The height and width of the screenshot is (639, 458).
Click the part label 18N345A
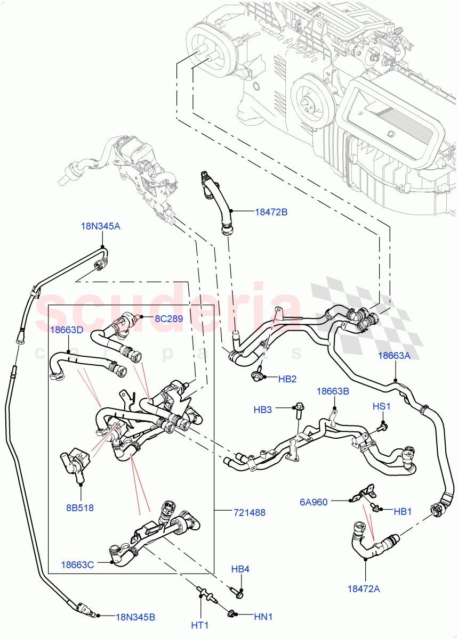[x=100, y=226]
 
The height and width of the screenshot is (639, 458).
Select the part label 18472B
[x=271, y=212]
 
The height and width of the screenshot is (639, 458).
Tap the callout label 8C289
[x=168, y=319]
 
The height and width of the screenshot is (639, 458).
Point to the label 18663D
[x=67, y=330]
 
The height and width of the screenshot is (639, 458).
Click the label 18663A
[x=394, y=356]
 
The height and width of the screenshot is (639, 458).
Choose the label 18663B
[x=333, y=391]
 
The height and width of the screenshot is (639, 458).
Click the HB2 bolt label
[x=287, y=379]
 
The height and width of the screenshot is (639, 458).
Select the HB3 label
[x=263, y=409]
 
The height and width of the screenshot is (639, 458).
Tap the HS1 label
[x=381, y=406]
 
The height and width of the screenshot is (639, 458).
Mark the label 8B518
[x=80, y=507]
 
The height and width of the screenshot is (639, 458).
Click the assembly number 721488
[x=250, y=512]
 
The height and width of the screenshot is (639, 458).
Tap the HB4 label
[x=240, y=569]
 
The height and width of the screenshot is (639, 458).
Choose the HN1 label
[x=263, y=617]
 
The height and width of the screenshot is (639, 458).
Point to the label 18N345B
[x=136, y=617]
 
